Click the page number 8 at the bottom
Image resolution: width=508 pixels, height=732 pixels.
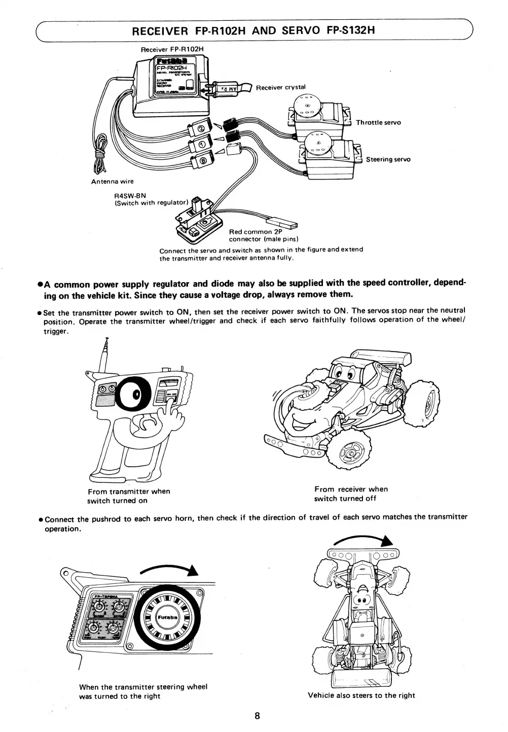tap(257, 716)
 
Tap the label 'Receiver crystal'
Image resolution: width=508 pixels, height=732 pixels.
tap(280, 87)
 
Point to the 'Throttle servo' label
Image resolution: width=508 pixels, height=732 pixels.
tap(378, 123)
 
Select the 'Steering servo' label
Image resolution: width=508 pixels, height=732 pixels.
tap(388, 159)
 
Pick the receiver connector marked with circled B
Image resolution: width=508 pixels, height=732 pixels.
tap(202, 161)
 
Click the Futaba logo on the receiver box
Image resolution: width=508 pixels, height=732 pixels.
tap(169, 61)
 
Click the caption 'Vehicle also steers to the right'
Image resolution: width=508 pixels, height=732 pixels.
tap(361, 695)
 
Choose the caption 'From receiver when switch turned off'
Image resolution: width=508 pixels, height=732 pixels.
tap(351, 494)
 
